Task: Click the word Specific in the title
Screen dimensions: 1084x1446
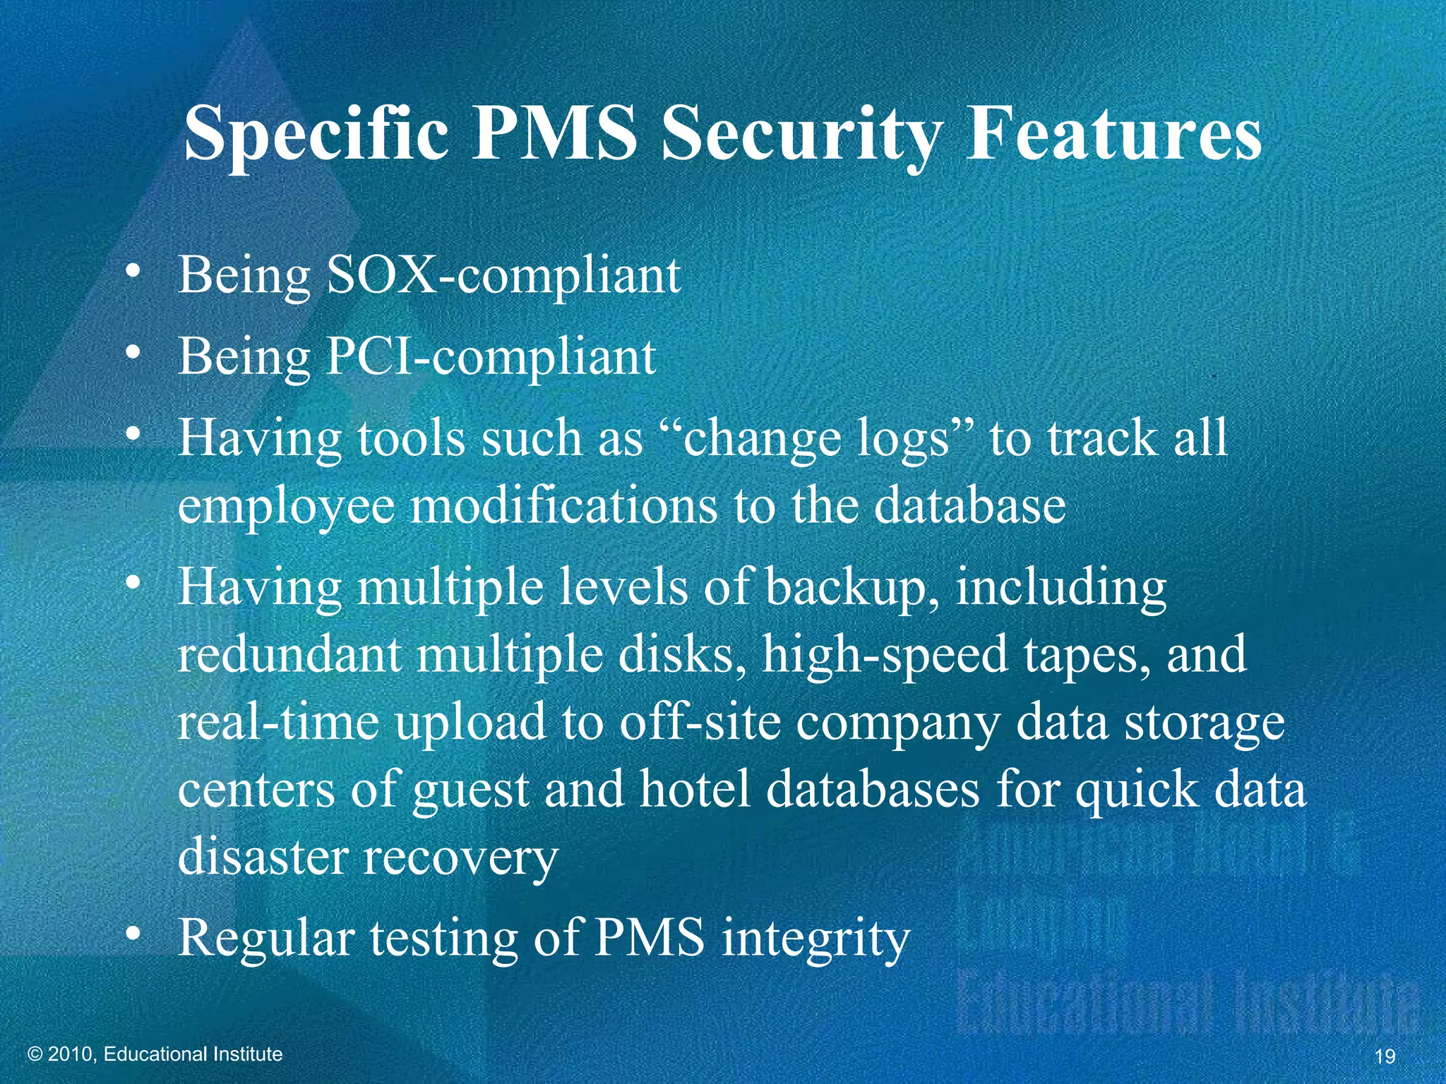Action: tap(316, 134)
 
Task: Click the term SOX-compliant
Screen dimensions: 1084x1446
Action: tap(503, 275)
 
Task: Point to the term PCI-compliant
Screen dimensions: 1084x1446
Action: tap(491, 357)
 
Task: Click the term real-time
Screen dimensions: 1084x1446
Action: tap(278, 723)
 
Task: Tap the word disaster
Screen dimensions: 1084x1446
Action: tap(263, 856)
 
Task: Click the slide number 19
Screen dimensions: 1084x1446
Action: tap(1385, 1056)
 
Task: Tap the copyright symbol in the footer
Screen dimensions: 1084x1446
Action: tap(35, 1054)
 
